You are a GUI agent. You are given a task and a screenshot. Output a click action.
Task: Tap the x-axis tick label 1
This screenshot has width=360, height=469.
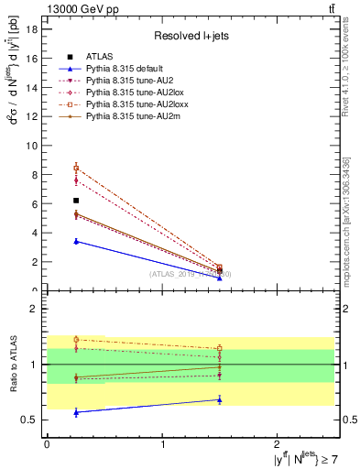pos(163,444)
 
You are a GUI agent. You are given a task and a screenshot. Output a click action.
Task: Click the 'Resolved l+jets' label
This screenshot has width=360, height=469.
pos(190,37)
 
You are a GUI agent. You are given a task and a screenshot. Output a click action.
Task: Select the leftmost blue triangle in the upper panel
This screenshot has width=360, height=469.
pos(76,241)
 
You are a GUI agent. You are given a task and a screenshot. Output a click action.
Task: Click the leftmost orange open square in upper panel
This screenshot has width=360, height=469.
pos(76,168)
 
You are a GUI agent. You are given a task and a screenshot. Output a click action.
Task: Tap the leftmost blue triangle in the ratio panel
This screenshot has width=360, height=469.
pos(76,412)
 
